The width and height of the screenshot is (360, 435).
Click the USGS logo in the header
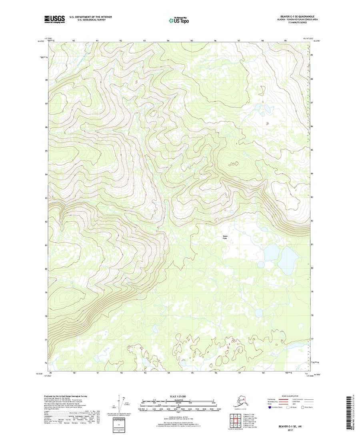click(54, 18)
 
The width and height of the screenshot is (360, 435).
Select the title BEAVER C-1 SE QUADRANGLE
click(293, 16)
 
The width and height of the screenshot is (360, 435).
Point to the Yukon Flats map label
click(225, 238)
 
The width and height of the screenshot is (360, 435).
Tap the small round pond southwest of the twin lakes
click(261, 264)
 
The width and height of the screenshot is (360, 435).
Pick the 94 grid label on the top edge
click(168, 41)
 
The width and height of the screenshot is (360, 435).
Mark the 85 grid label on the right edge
click(312, 150)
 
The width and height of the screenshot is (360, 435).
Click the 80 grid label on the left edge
click(46, 269)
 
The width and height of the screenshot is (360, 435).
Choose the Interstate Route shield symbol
click(270, 407)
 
